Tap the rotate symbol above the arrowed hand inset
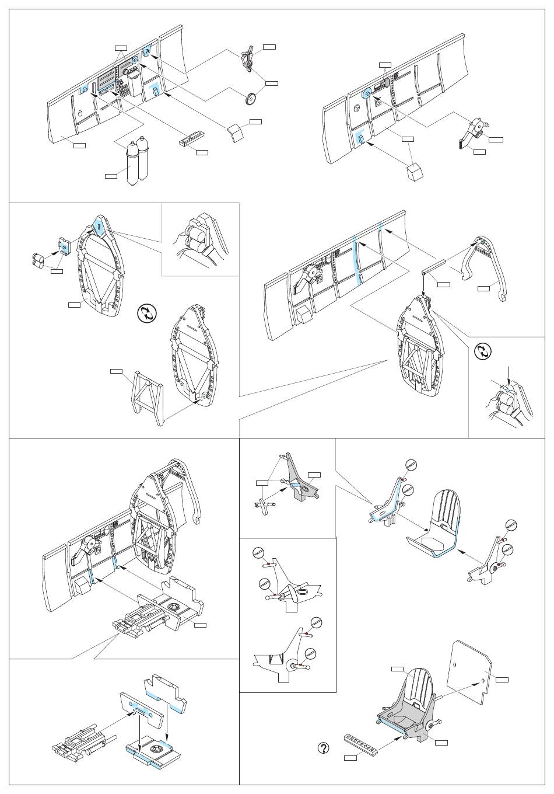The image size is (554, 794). point(483,353)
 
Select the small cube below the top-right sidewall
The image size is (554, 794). point(414,173)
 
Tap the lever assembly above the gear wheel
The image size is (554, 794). point(248,60)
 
